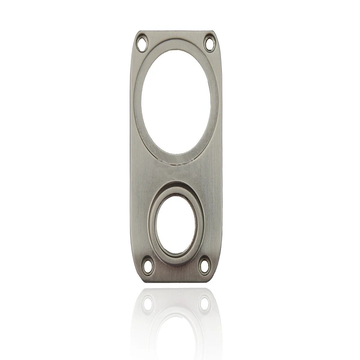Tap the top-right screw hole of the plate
(209, 44)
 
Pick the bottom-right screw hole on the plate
(204, 264)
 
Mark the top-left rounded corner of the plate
(136, 35)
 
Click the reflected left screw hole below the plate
(148, 303)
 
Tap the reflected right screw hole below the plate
(204, 303)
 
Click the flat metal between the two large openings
(176, 173)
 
